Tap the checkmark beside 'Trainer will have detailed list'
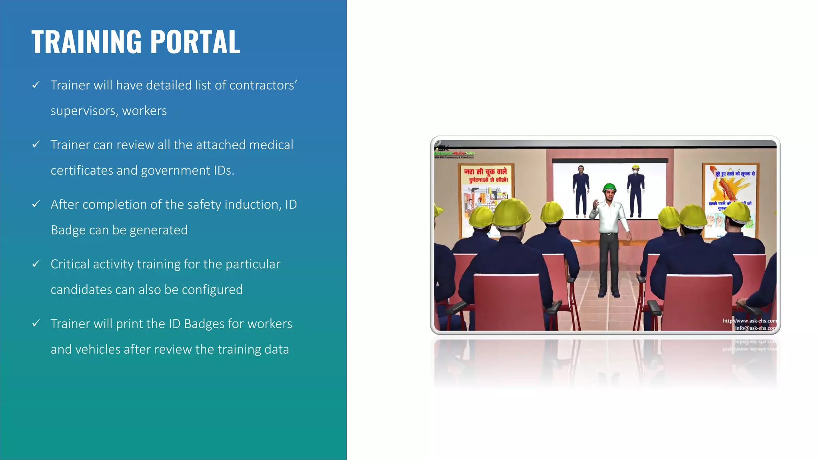point(36,85)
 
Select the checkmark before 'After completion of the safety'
point(36,204)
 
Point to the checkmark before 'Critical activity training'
point(36,264)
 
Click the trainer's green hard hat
point(609,187)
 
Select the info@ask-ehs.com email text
point(755,328)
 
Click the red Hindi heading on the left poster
point(485,175)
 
